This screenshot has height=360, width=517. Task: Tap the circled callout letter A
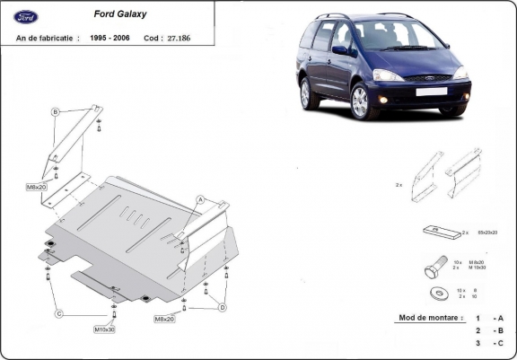[x=201, y=199]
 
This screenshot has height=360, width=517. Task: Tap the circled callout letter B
[x=55, y=111]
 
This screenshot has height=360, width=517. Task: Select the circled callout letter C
[x=58, y=313]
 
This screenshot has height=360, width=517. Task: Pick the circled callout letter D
[x=222, y=307]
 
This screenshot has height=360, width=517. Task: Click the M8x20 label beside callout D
[x=164, y=320]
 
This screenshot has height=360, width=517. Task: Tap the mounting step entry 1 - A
[x=489, y=319]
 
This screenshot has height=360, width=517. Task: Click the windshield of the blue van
[x=394, y=36]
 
